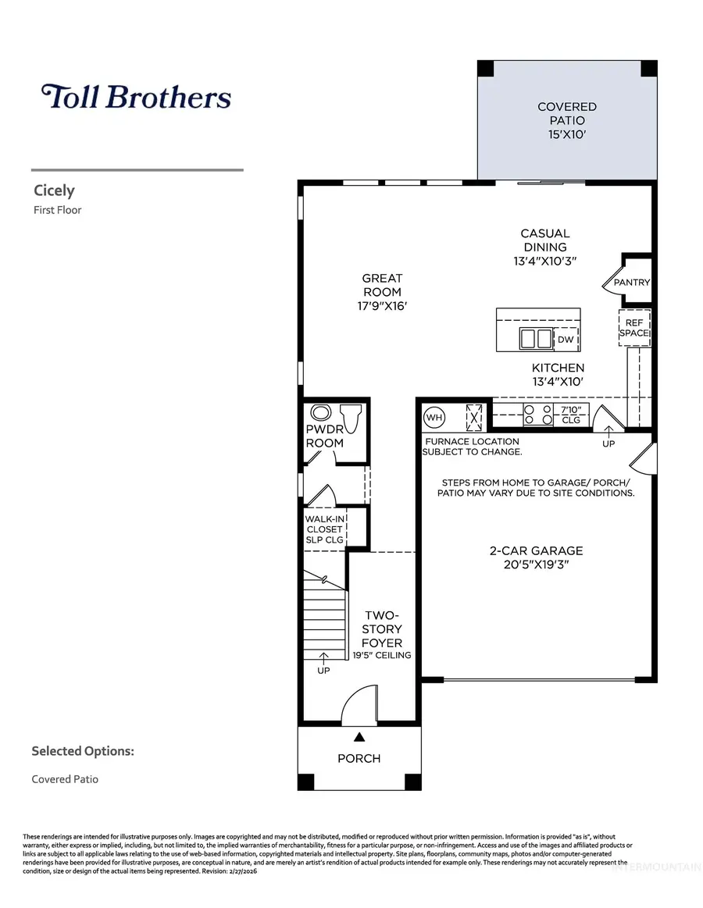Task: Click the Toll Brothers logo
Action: pos(136,97)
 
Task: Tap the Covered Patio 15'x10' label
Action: pos(566,120)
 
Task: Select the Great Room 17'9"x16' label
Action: pos(382,292)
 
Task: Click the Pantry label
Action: pos(632,283)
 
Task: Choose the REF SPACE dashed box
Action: pos(634,326)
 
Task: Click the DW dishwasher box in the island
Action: pos(566,340)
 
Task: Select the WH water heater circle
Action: pos(434,417)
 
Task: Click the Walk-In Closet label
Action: pos(324,529)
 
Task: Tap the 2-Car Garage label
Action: pos(536,557)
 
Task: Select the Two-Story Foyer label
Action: pos(382,628)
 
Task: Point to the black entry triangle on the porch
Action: pos(359,736)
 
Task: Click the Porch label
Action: pos(359,758)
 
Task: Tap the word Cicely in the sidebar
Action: pos(54,191)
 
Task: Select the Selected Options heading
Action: pos(83,751)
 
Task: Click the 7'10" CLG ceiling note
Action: pos(571,415)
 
